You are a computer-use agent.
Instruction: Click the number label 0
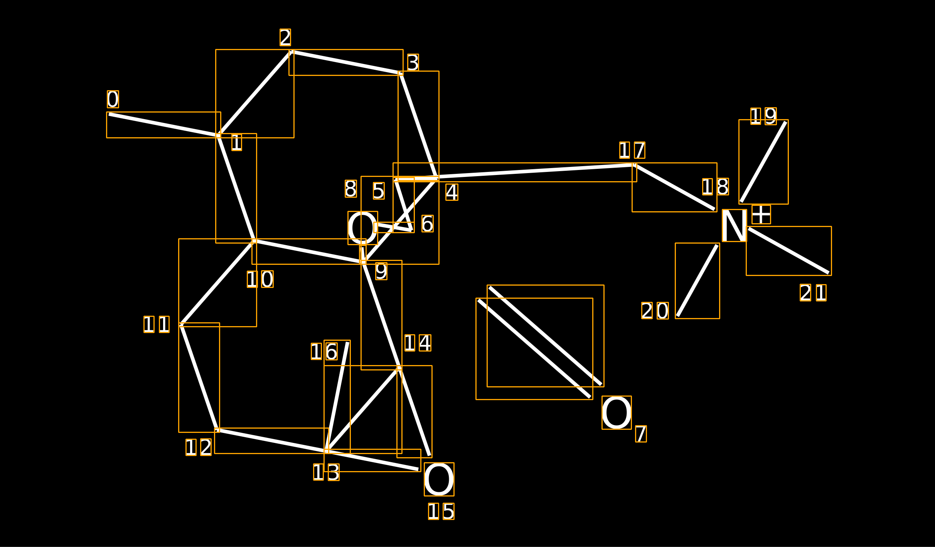[113, 99]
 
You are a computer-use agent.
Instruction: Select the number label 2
[285, 37]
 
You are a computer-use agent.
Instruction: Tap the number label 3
[413, 62]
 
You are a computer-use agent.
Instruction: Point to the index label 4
[452, 192]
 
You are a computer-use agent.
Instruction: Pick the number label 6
[427, 224]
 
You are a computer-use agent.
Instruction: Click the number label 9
[381, 271]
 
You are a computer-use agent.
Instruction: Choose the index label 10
[260, 279]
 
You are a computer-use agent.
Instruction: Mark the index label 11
[157, 324]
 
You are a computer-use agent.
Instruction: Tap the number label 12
[199, 447]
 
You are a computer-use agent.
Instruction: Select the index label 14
[418, 343]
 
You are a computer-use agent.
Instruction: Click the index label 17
[632, 150]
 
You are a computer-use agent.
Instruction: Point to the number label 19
[763, 116]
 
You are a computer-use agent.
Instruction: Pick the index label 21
[813, 293]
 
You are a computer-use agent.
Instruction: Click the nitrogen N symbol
[735, 226]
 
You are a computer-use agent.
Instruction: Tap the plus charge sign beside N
[761, 214]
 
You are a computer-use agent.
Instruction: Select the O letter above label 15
[439, 479]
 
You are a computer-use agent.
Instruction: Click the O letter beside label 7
[617, 412]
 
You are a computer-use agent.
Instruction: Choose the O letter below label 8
[363, 228]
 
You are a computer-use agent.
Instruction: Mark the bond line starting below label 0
[163, 125]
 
